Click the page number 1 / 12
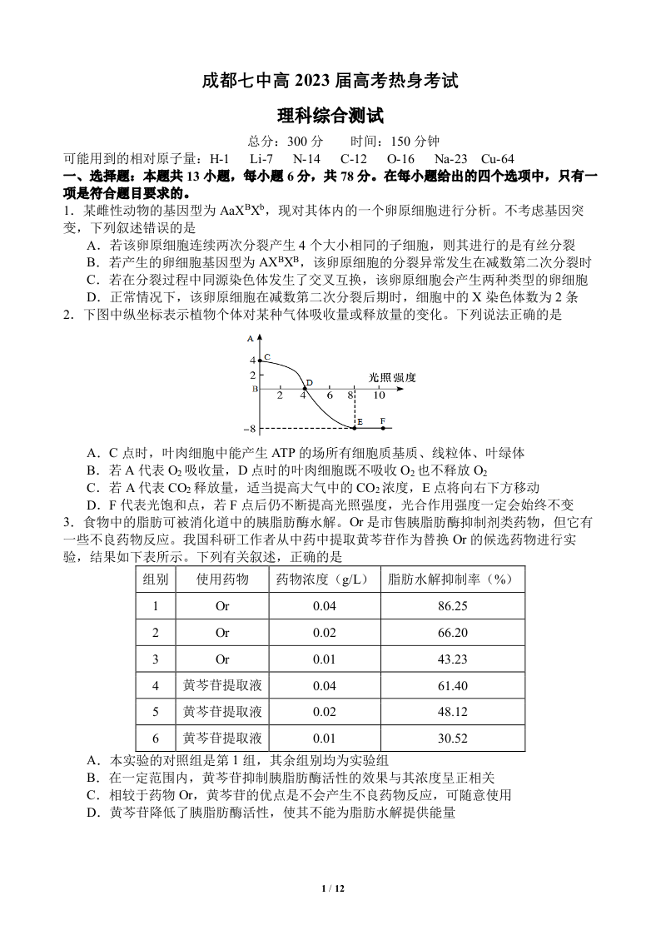pos(331,889)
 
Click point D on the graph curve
pos(304,388)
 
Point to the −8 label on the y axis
pos(250,430)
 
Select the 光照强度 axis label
pos(392,377)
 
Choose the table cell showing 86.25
pos(452,606)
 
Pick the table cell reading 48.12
pos(452,712)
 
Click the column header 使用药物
pos(222,579)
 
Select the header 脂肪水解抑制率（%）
pos(452,579)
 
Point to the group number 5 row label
pos(156,712)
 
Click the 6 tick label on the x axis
pos(330,395)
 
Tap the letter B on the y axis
pos(256,389)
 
